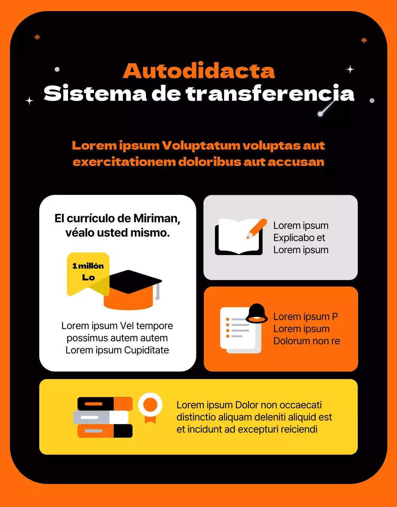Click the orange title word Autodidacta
point(199,71)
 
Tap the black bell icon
point(257,313)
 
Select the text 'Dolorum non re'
point(306,341)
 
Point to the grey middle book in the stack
point(101,417)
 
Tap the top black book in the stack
point(105,404)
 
